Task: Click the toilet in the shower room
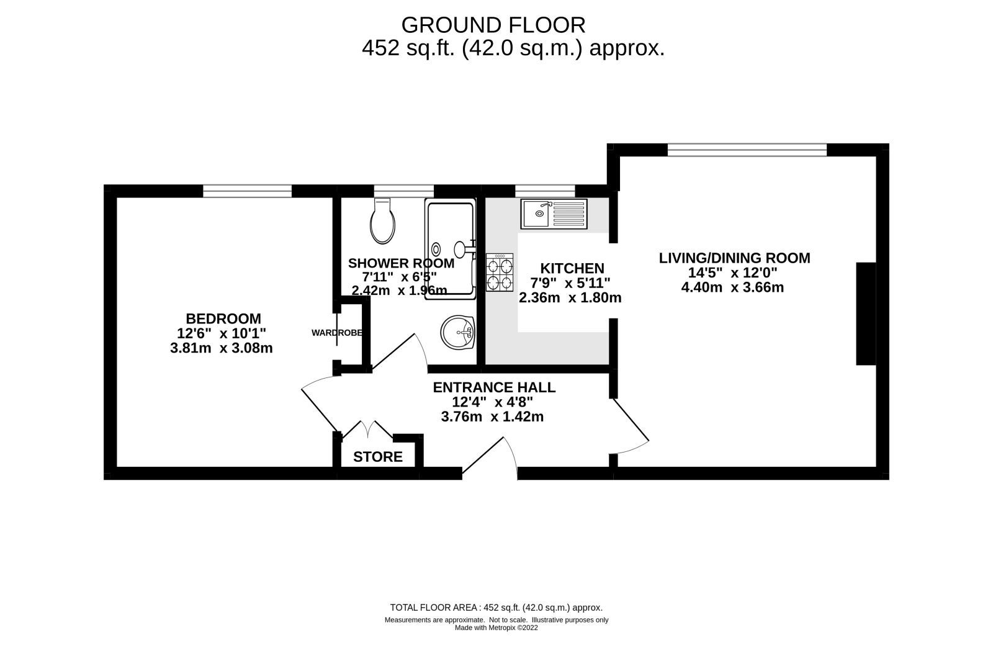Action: [382, 222]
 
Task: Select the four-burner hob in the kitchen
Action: [500, 273]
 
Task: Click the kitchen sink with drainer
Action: [554, 214]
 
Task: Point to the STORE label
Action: [377, 458]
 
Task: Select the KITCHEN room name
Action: [572, 268]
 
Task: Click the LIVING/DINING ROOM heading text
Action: [734, 258]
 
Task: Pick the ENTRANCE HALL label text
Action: [494, 387]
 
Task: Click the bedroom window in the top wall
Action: [247, 191]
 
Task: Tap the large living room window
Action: [747, 150]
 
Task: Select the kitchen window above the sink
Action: [545, 191]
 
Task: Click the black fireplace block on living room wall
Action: [865, 313]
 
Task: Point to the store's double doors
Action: [367, 431]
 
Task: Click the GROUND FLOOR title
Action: [493, 25]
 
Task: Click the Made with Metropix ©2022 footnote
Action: [496, 628]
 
